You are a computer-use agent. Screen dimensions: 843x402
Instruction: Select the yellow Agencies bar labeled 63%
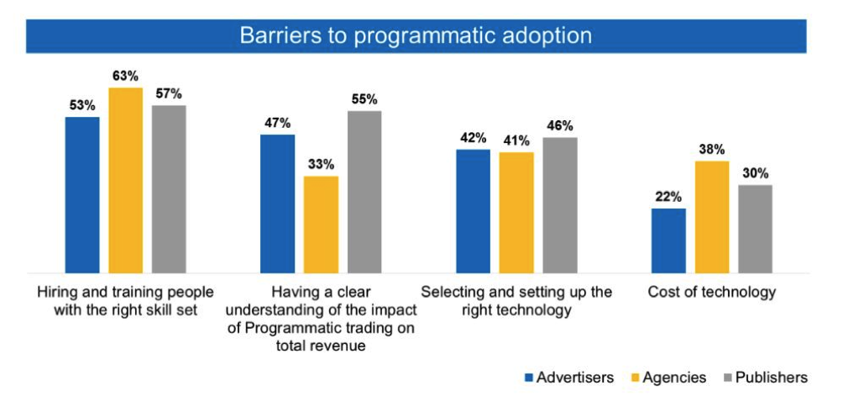tap(126, 180)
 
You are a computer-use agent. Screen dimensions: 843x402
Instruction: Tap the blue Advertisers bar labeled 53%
tap(82, 195)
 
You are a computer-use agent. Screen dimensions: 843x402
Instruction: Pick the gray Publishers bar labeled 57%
tap(169, 189)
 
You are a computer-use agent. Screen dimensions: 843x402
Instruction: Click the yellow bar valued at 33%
tap(321, 225)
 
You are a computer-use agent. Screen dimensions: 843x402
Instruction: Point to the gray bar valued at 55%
tap(364, 192)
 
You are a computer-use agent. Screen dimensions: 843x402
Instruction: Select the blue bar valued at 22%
tap(669, 241)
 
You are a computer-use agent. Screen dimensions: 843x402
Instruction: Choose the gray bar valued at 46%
tap(560, 205)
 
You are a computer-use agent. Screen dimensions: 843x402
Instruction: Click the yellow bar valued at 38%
tap(712, 217)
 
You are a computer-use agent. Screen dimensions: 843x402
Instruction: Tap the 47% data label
tap(277, 123)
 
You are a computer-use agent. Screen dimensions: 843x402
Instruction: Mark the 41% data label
tap(516, 141)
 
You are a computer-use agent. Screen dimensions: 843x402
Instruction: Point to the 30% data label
tap(756, 173)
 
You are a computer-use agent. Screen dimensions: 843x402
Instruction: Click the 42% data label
tap(473, 138)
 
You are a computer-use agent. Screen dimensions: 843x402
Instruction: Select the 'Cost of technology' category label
tap(712, 292)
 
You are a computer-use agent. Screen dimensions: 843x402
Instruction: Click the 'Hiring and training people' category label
tap(125, 292)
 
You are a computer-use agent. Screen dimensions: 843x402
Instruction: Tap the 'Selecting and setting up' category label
tap(516, 292)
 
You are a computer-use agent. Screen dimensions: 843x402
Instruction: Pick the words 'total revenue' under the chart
tap(321, 346)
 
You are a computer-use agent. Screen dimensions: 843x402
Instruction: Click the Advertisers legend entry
tap(569, 378)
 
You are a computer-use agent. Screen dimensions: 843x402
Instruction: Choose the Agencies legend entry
tap(668, 378)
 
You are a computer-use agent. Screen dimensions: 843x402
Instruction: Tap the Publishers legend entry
tap(765, 378)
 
